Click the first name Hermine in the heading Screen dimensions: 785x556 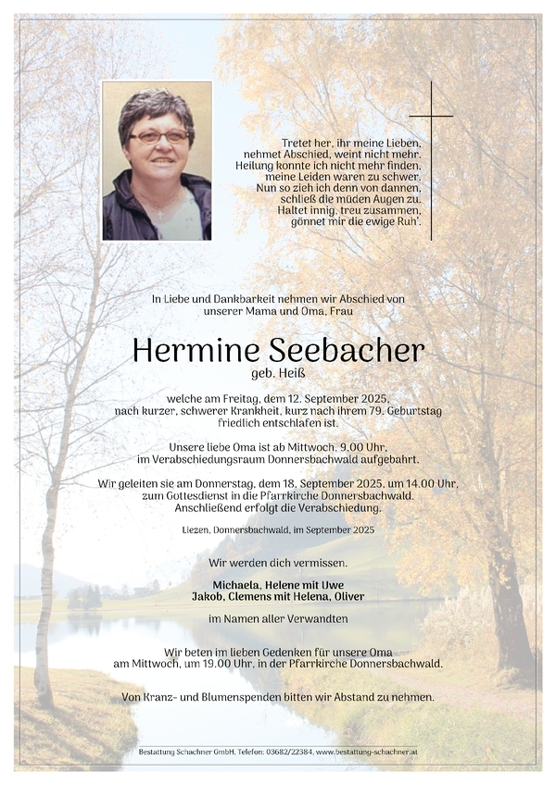pos(184,352)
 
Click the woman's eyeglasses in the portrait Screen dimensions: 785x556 pos(158,137)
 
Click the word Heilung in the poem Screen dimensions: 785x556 pos(261,165)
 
